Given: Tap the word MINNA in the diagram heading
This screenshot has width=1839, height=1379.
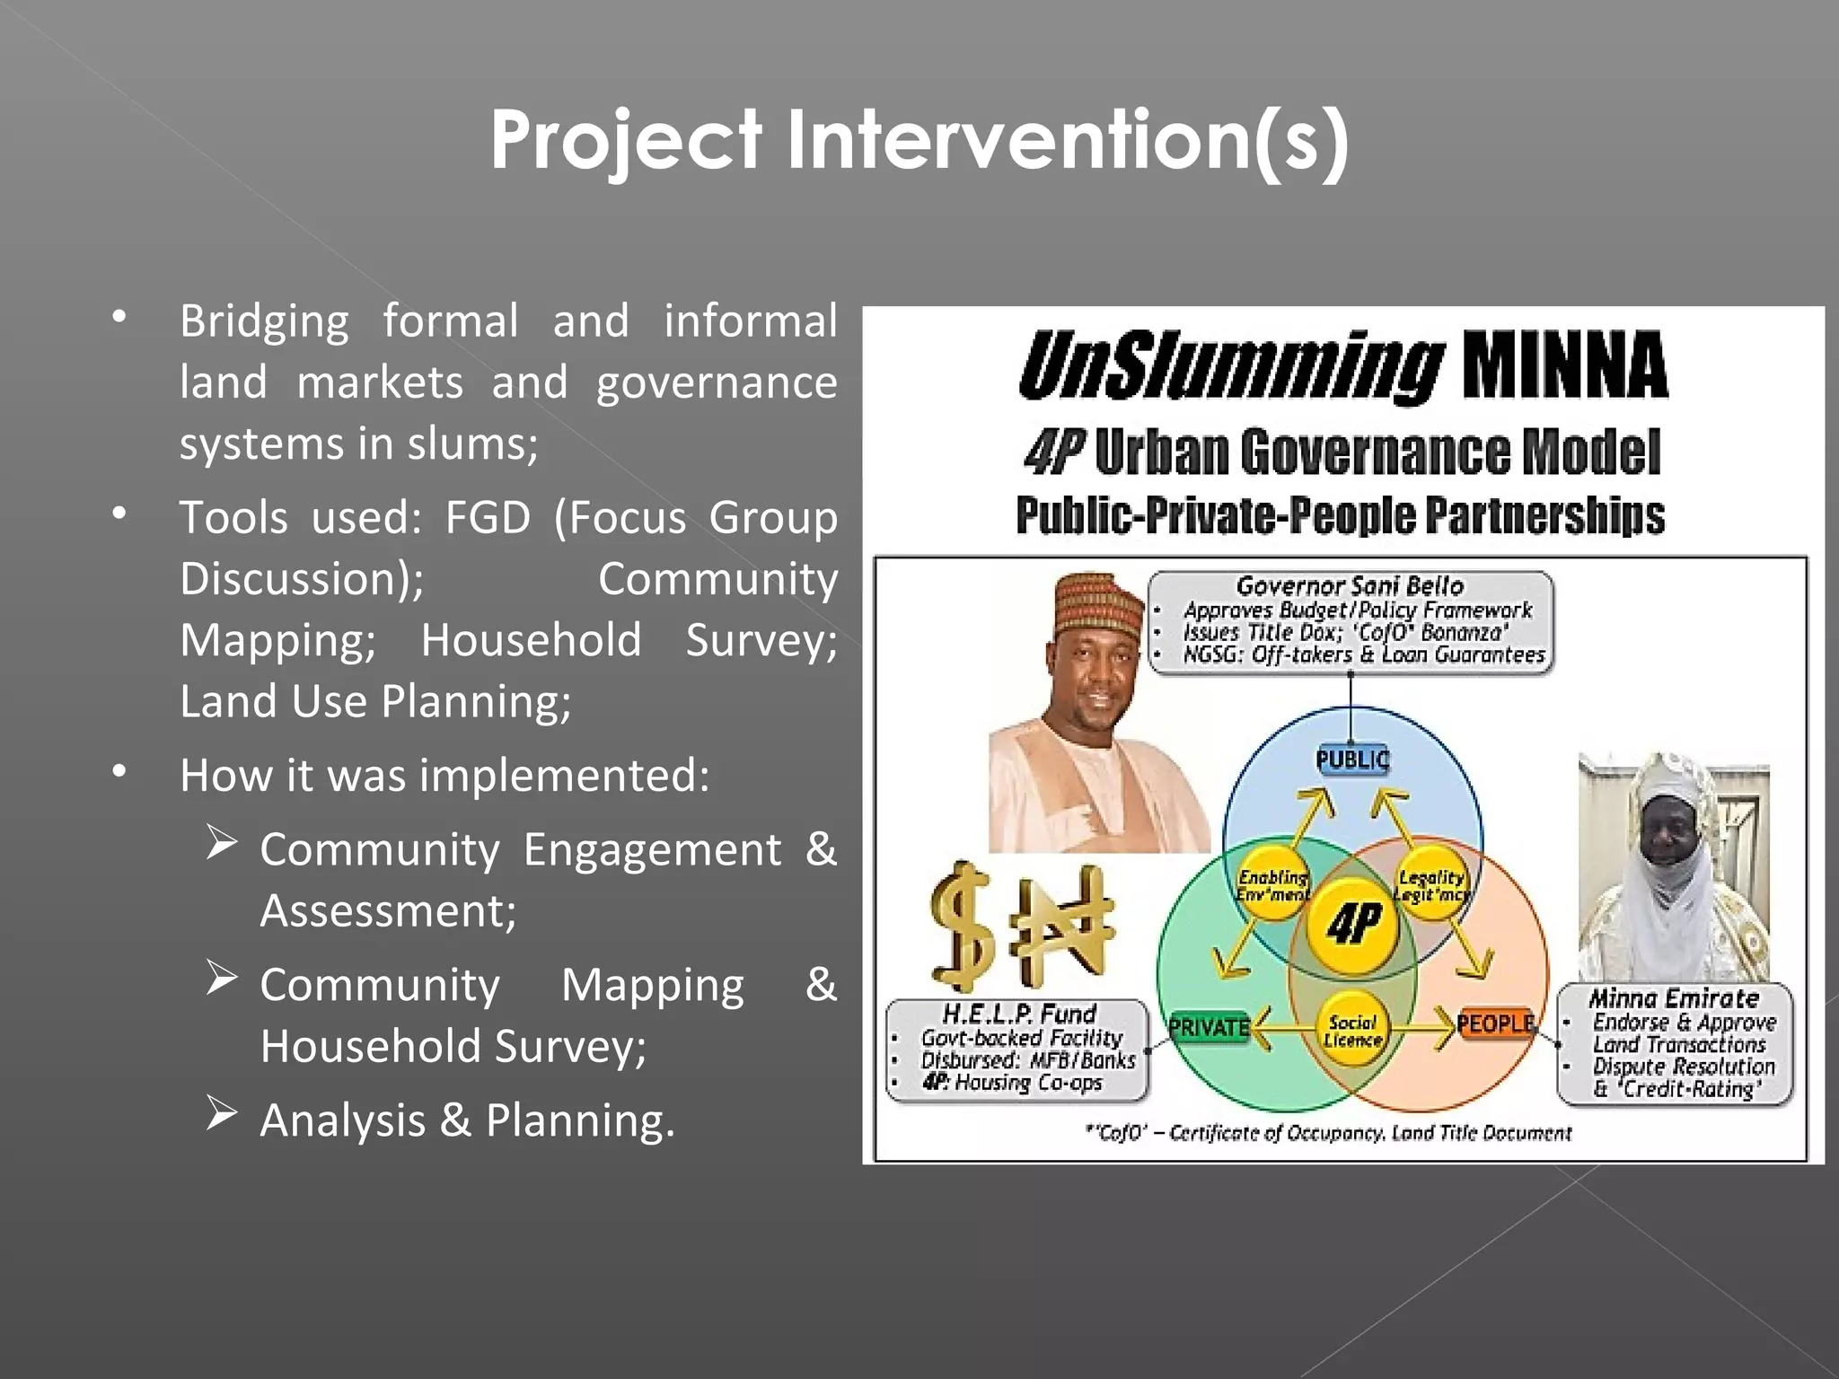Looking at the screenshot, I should (x=1564, y=365).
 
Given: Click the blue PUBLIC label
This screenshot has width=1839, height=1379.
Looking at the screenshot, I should (x=1352, y=760).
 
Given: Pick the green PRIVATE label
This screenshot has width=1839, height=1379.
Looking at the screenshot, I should (x=1209, y=1027).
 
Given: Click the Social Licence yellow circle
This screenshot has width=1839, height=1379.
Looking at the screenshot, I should (x=1352, y=1031).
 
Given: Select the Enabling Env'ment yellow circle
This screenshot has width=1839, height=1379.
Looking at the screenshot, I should (x=1273, y=885).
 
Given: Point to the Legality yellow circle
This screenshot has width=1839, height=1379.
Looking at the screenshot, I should (x=1431, y=884).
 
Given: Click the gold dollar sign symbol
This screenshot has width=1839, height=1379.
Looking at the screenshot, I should (x=963, y=927).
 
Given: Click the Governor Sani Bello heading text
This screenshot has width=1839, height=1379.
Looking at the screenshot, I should (x=1350, y=586).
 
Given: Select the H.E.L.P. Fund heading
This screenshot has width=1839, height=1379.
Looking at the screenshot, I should (x=1019, y=1014).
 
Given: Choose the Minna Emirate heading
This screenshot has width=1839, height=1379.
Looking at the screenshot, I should (x=1674, y=998).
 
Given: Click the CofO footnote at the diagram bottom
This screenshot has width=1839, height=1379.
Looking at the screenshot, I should (x=1329, y=1133).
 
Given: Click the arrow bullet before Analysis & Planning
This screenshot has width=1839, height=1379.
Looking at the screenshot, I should (x=221, y=1113).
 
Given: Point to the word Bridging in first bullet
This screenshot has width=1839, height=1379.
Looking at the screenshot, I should (x=264, y=321).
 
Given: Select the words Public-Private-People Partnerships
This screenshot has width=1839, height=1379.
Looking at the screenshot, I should (x=1340, y=516).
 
